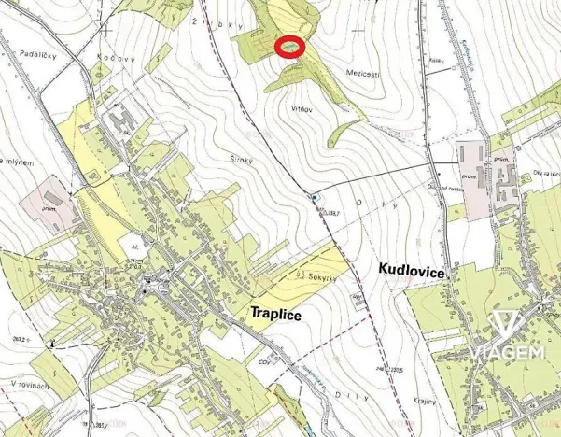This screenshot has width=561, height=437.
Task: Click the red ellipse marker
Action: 291,47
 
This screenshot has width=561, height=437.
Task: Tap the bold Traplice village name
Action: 275,315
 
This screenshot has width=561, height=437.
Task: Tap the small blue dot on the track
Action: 316,197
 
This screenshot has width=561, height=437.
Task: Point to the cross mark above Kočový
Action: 108,29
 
